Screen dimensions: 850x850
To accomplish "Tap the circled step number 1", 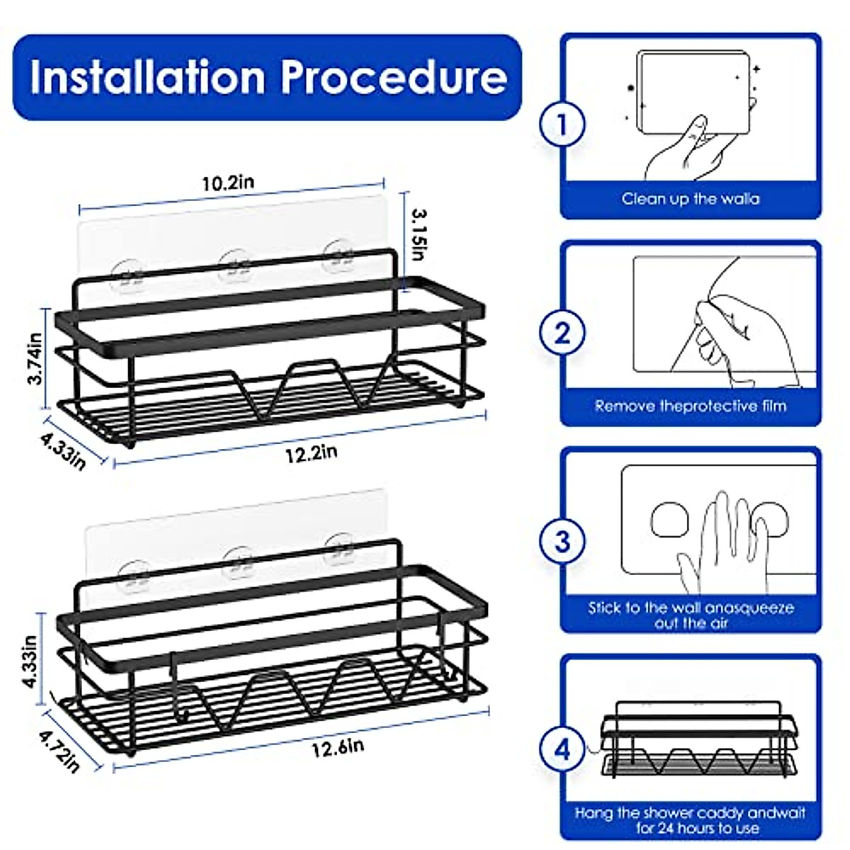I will (x=562, y=125).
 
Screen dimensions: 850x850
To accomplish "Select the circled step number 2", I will (x=562, y=332).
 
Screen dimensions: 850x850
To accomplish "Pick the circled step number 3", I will (x=562, y=541).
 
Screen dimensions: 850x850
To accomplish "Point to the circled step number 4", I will (x=562, y=749).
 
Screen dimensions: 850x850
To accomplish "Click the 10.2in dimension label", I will (x=228, y=183).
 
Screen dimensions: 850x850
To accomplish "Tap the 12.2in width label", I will (x=312, y=453).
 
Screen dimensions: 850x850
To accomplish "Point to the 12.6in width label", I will (x=338, y=747).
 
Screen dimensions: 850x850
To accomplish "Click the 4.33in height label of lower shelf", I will (x=30, y=660).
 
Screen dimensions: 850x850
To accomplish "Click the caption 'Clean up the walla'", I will (x=691, y=199).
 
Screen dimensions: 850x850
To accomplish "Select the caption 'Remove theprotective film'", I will (x=691, y=407).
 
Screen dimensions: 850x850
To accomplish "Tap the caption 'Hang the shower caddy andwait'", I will (x=691, y=813).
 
